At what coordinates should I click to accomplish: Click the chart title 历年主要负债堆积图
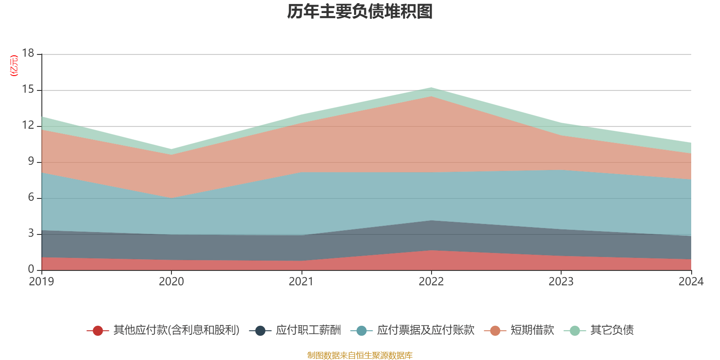[360, 12]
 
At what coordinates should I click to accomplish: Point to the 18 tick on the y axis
[28, 54]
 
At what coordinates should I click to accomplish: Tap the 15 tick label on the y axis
[28, 90]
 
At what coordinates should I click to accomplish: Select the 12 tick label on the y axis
[28, 126]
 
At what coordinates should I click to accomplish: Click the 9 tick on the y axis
[31, 162]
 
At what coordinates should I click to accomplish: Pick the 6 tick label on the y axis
[31, 198]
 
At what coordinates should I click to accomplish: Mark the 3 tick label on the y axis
[31, 234]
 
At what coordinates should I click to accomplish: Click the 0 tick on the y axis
[31, 270]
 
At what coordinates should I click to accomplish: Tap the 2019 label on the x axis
[41, 282]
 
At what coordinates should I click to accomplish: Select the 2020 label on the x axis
[171, 282]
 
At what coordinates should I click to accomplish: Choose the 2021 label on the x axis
[301, 282]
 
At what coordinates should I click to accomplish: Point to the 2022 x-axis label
[431, 282]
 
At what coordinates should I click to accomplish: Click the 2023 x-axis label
[561, 282]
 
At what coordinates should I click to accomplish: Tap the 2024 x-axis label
[691, 282]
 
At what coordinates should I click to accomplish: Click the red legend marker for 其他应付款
[98, 331]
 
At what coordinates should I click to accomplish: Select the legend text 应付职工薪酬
[308, 330]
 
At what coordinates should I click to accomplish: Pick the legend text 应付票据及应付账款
[426, 330]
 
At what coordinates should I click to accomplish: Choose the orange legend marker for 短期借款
[495, 331]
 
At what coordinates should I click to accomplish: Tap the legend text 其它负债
[612, 330]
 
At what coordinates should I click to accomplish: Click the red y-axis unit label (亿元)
[14, 66]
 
